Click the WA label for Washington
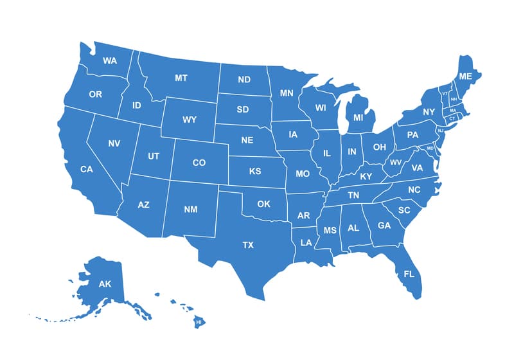(110, 61)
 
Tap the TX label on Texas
(247, 245)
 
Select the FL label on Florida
(409, 274)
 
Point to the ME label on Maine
(466, 76)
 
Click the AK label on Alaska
(105, 283)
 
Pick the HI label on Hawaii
(199, 321)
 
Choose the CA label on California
(87, 170)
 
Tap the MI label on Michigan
(359, 118)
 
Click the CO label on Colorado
(199, 163)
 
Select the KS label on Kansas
(255, 172)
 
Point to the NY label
(429, 112)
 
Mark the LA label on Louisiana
(306, 243)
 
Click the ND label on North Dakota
(244, 80)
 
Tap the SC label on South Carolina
(404, 210)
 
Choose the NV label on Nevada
(114, 143)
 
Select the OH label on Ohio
(380, 147)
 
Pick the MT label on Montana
(181, 78)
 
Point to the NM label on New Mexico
(191, 210)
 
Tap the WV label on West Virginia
(396, 163)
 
